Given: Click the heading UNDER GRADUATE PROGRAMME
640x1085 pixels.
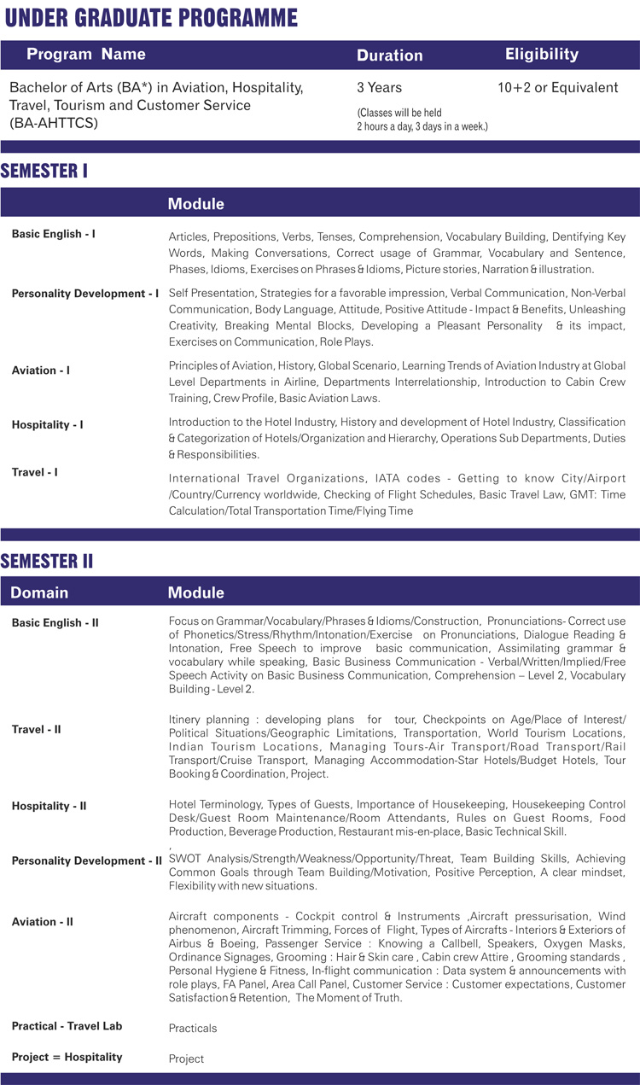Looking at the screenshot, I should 148,18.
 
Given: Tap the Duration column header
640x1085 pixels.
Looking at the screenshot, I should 389,55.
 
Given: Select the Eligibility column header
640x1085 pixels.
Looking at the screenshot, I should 541,55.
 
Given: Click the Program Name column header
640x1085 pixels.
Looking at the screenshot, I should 86,55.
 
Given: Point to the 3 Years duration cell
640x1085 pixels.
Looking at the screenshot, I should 379,88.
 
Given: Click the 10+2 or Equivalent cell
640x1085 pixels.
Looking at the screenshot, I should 557,88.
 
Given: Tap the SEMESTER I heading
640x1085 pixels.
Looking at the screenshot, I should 44,171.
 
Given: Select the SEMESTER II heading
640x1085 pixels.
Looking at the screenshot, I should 47,561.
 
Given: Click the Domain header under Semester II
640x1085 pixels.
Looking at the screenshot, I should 39,592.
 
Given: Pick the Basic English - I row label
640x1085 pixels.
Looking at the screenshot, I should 53,234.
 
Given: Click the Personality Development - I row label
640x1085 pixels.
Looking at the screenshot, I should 84,294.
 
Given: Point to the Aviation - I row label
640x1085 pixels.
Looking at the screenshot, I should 41,370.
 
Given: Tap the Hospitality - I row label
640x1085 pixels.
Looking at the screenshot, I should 47,425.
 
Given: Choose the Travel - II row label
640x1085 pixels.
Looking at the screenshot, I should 36,730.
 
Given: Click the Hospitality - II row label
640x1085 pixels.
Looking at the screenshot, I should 49,806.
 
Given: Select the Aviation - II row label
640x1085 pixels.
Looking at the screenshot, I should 43,922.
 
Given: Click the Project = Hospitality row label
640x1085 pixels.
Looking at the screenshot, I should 67,1057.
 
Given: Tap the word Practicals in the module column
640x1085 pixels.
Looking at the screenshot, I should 193,1029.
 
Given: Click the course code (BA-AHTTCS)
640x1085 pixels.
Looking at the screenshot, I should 53,123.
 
